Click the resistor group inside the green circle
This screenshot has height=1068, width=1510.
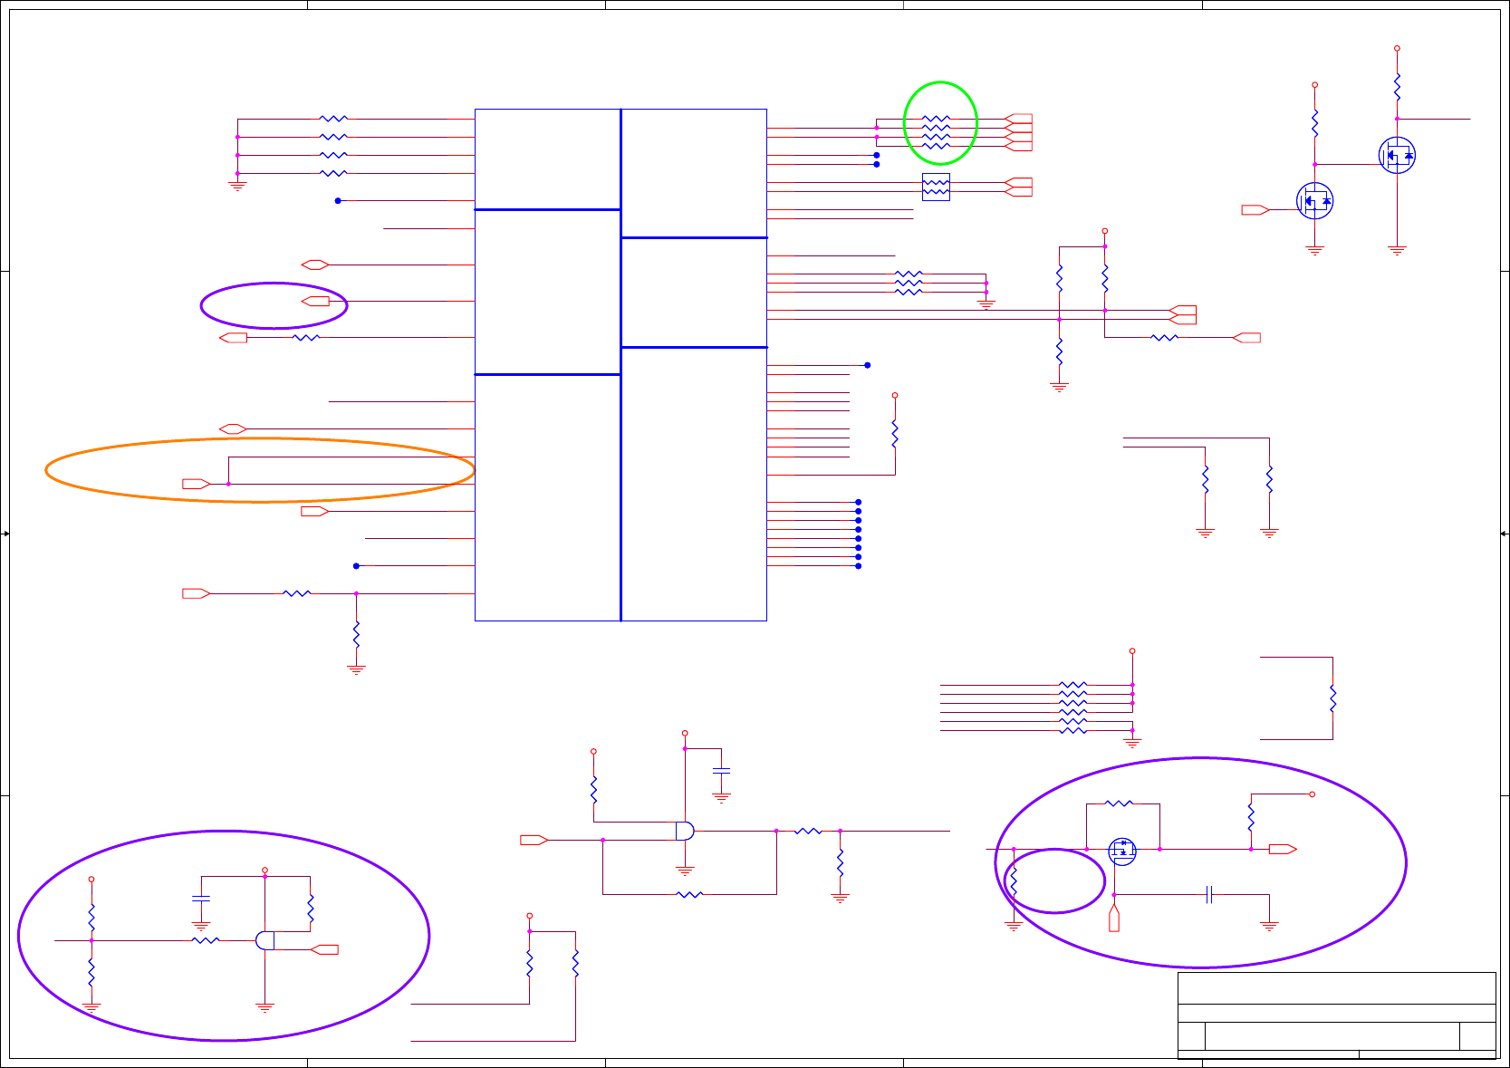click(936, 132)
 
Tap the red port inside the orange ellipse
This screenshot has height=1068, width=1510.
click(196, 484)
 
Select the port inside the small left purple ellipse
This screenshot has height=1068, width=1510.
click(315, 301)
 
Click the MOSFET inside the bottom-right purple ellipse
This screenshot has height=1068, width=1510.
click(1122, 851)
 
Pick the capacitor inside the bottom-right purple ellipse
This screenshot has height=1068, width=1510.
click(1209, 895)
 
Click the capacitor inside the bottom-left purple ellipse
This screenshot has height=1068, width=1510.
click(201, 899)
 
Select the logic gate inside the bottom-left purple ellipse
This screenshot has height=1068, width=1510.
click(265, 940)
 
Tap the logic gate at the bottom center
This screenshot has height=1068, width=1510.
click(685, 831)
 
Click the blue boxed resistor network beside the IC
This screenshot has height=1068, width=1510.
click(936, 188)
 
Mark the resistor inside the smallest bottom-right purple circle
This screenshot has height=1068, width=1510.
click(1014, 880)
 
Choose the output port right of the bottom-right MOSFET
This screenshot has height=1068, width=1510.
click(1283, 849)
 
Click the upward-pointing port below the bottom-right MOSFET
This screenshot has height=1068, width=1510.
click(1114, 921)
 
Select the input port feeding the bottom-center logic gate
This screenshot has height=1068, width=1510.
click(534, 840)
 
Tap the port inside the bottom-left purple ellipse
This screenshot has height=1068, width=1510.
click(324, 949)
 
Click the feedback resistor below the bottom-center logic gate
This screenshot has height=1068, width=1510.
click(689, 894)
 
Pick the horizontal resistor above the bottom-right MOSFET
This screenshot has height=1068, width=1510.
click(1119, 803)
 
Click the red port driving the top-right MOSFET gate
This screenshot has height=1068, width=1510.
click(1255, 210)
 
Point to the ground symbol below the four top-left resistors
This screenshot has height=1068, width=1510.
click(237, 186)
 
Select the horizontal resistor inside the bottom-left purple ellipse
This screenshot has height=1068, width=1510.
click(206, 940)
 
